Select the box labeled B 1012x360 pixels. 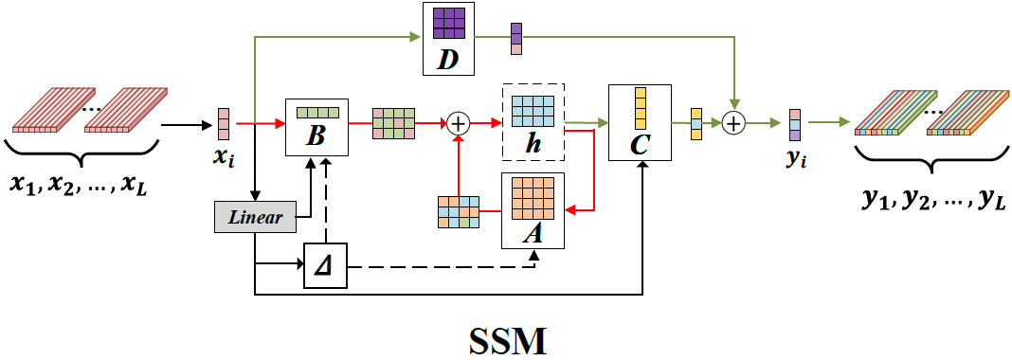click(317, 128)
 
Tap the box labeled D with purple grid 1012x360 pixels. click(448, 39)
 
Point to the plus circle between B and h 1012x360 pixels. click(459, 123)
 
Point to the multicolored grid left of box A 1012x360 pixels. click(459, 211)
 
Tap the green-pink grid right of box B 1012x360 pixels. click(393, 123)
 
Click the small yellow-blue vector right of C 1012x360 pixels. click(696, 123)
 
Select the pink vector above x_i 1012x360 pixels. click(224, 123)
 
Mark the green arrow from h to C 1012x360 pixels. click(586, 122)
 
